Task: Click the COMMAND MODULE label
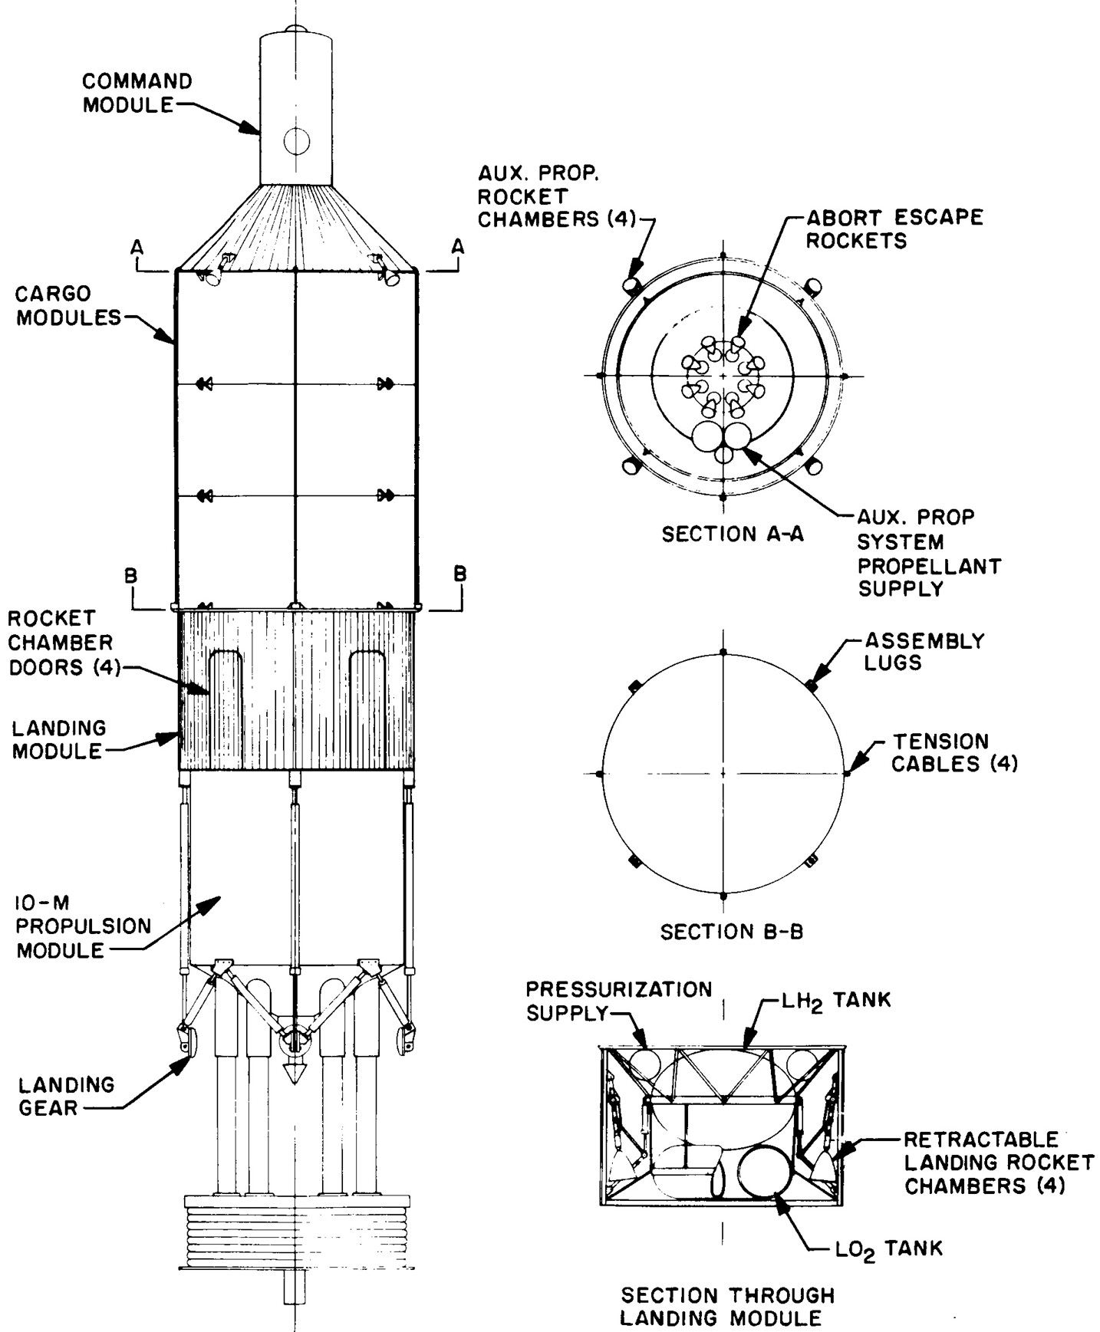coord(137,93)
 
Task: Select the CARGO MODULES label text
coord(69,305)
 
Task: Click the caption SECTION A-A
coord(733,534)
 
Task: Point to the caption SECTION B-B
coord(732,932)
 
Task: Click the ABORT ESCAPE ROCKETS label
coord(894,229)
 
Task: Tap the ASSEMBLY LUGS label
coord(924,651)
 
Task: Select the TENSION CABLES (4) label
coord(954,752)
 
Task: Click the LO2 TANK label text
coord(888,1249)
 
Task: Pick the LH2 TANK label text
coord(837,1001)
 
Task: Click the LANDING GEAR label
coord(66,1096)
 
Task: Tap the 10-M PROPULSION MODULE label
coord(84,926)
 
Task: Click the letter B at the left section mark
coord(132,575)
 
